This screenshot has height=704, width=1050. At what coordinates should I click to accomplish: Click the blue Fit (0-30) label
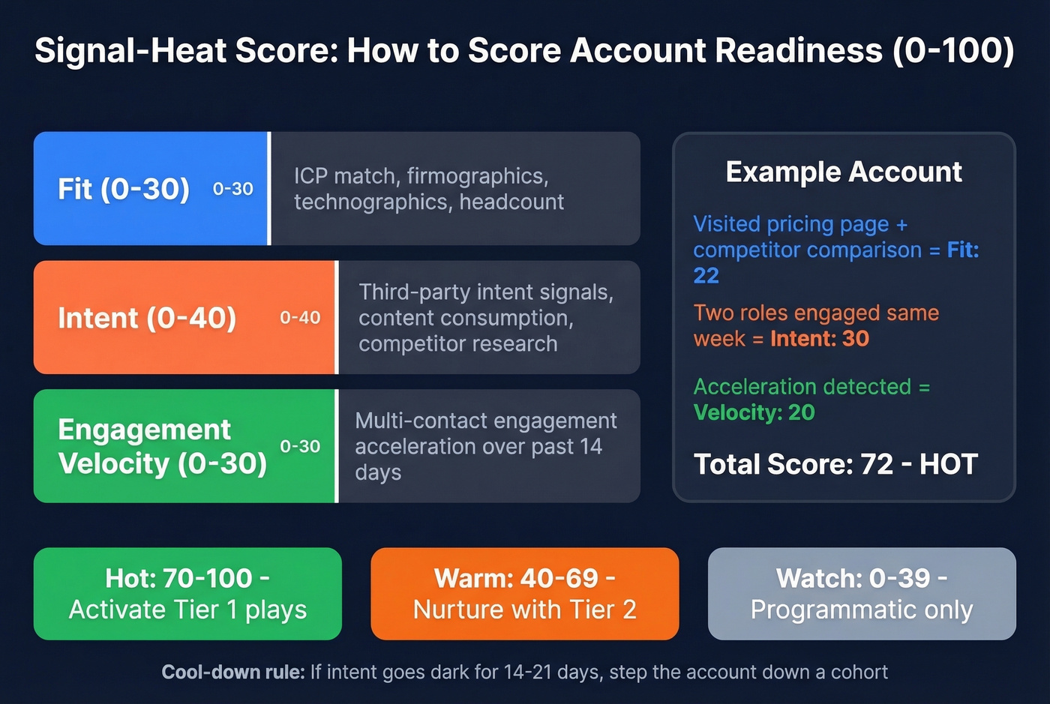tap(124, 189)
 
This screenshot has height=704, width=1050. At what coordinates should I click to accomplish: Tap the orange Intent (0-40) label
tap(147, 318)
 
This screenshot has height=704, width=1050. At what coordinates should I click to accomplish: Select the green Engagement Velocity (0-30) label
tap(162, 446)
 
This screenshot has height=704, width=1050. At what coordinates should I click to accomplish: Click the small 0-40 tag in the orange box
tap(300, 318)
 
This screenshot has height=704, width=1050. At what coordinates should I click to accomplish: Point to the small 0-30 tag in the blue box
tap(233, 189)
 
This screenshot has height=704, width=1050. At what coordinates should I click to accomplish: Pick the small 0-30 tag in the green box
tap(300, 446)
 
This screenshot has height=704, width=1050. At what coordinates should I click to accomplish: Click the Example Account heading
tap(844, 172)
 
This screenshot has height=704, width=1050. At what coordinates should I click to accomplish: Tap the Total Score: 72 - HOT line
tap(835, 464)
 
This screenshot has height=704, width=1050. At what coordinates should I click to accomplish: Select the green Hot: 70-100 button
tap(187, 594)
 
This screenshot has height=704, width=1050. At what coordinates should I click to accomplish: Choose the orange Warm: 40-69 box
tap(525, 594)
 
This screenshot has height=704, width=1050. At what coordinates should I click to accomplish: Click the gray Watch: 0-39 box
tap(862, 594)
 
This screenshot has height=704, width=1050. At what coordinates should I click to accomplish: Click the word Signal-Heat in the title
tap(130, 51)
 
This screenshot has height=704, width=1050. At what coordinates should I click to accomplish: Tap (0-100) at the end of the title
tap(953, 51)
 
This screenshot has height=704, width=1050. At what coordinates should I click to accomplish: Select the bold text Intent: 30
tap(820, 339)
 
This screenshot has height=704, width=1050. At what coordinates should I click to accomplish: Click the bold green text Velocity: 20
tap(754, 412)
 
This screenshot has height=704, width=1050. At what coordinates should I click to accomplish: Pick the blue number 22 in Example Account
tap(706, 276)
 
